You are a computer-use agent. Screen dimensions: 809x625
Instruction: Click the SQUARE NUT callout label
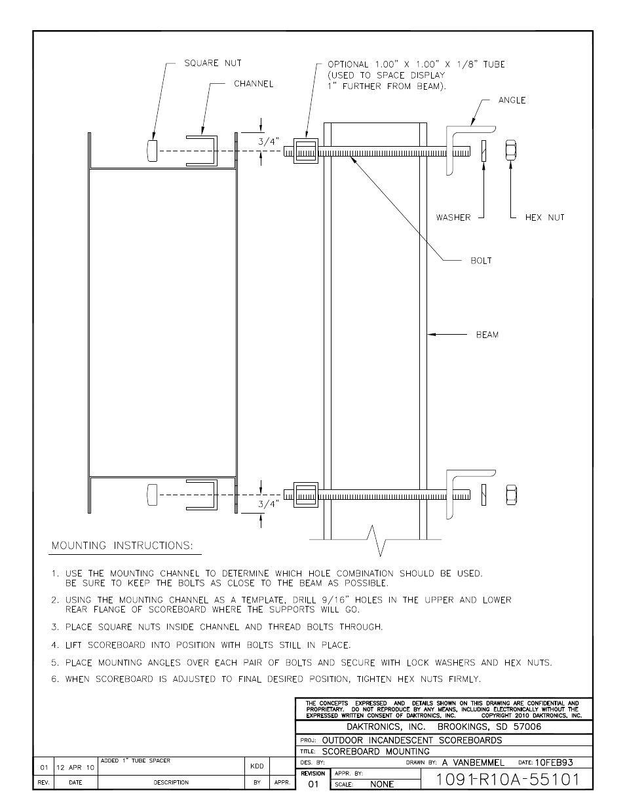[212, 63]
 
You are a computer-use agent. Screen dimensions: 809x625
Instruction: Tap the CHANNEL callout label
[254, 84]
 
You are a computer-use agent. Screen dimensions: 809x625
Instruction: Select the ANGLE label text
[512, 100]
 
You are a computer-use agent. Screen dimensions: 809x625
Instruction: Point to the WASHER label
[453, 217]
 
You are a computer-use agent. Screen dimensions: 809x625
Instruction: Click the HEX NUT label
[544, 217]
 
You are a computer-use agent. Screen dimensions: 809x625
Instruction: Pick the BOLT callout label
[481, 261]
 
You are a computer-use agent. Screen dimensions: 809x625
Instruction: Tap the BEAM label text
[487, 335]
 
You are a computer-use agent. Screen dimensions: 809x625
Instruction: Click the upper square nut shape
[153, 151]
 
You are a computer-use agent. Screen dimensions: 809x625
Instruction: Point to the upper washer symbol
[483, 151]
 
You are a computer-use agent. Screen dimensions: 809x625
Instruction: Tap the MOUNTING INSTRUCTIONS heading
[123, 546]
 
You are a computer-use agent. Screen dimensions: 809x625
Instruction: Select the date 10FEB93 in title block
[554, 762]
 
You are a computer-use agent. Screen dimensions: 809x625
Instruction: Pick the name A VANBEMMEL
[474, 762]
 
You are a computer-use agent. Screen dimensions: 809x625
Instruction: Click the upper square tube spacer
[305, 151]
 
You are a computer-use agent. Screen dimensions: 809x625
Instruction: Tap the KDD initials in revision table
[256, 766]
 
